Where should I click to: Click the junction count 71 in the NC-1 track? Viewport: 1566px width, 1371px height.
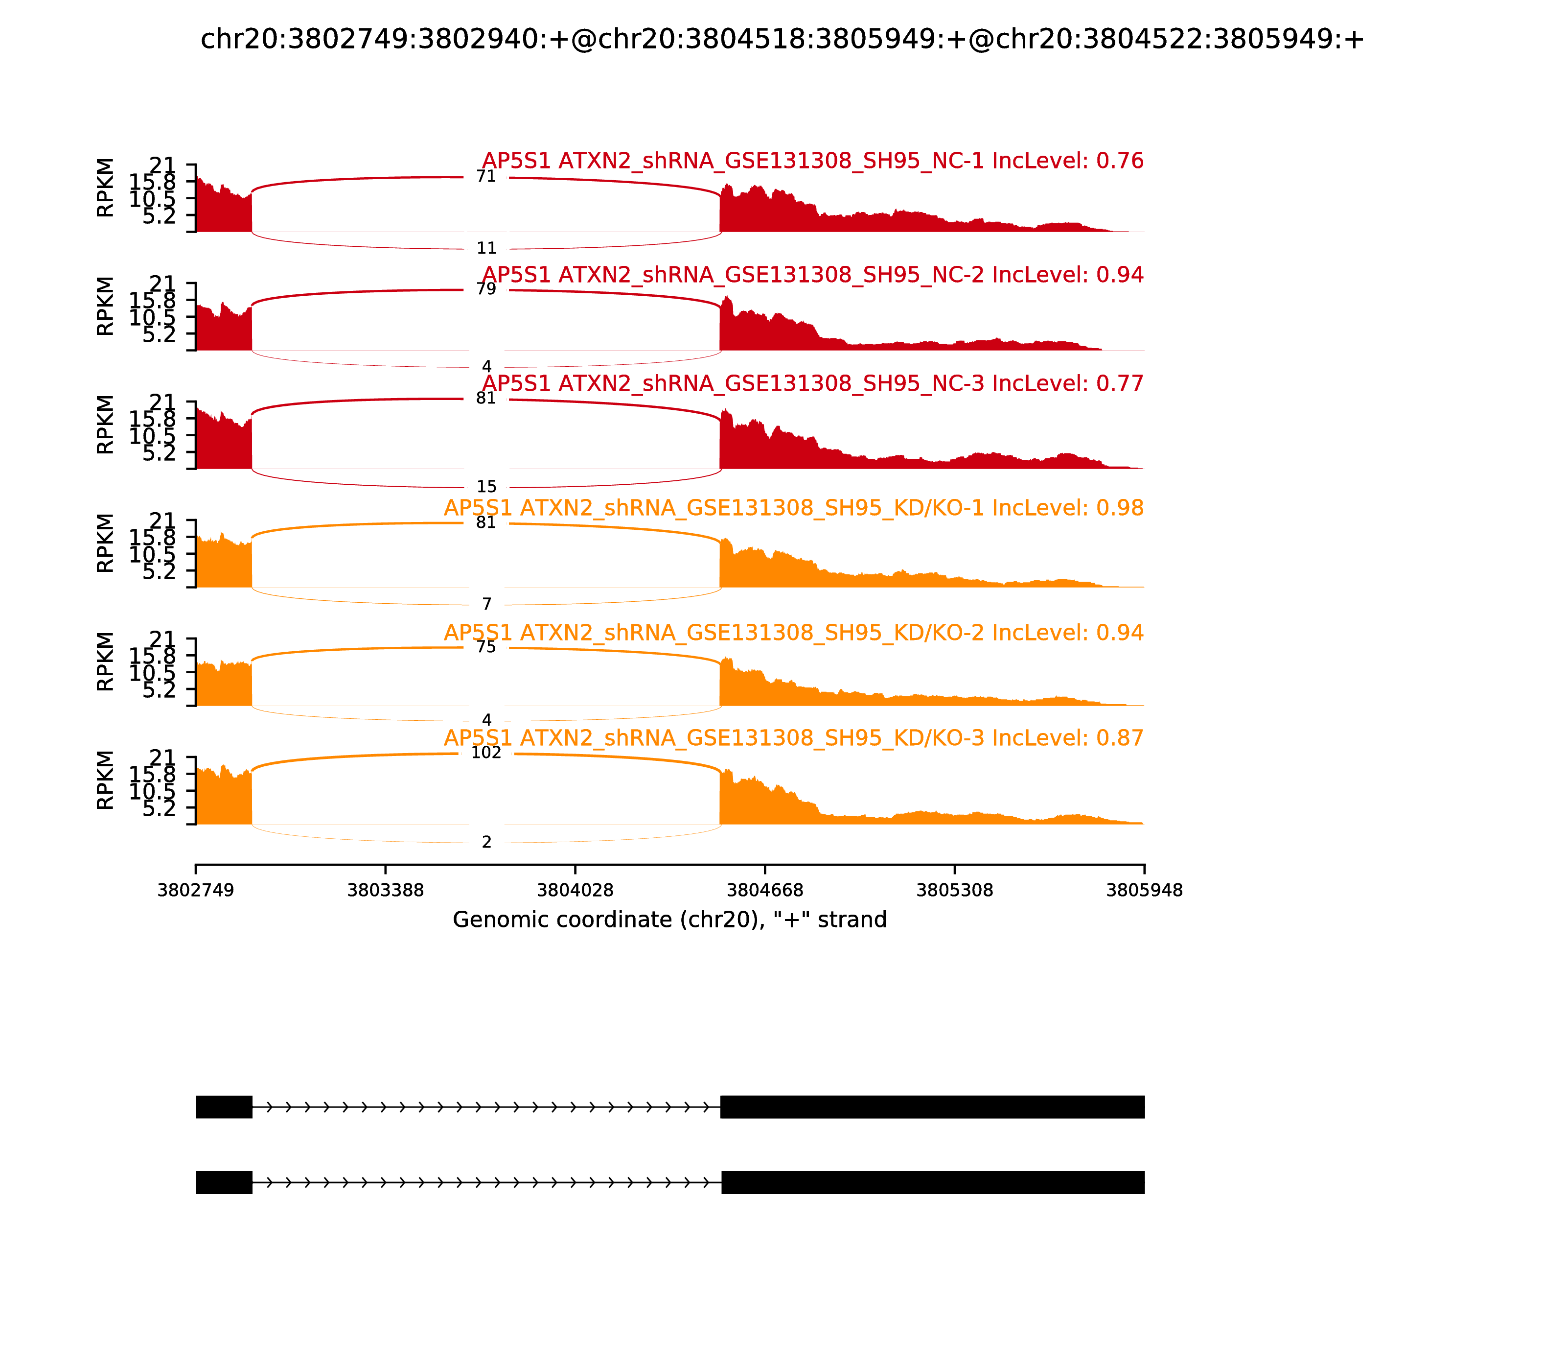coord(486,177)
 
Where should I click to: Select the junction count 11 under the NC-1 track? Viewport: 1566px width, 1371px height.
coord(486,249)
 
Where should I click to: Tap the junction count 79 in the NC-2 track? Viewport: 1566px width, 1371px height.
coord(486,289)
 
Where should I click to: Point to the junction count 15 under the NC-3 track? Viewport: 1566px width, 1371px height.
coord(486,487)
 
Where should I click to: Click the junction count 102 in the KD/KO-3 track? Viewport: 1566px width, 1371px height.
coord(486,753)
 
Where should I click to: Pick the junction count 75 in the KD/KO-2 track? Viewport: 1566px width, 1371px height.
coord(486,647)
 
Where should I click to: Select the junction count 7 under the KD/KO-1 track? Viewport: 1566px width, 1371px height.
coord(486,604)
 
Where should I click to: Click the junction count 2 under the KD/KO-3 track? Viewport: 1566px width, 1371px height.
coord(486,842)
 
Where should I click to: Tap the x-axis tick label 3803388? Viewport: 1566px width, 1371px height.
coord(386,891)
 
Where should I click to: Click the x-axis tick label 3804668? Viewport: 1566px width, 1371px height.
coord(764,891)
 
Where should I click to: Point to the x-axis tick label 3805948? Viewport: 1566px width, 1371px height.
coord(1144,891)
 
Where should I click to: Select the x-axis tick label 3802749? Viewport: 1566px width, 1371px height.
coord(196,891)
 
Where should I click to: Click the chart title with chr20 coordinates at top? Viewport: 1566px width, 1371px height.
coord(782,39)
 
